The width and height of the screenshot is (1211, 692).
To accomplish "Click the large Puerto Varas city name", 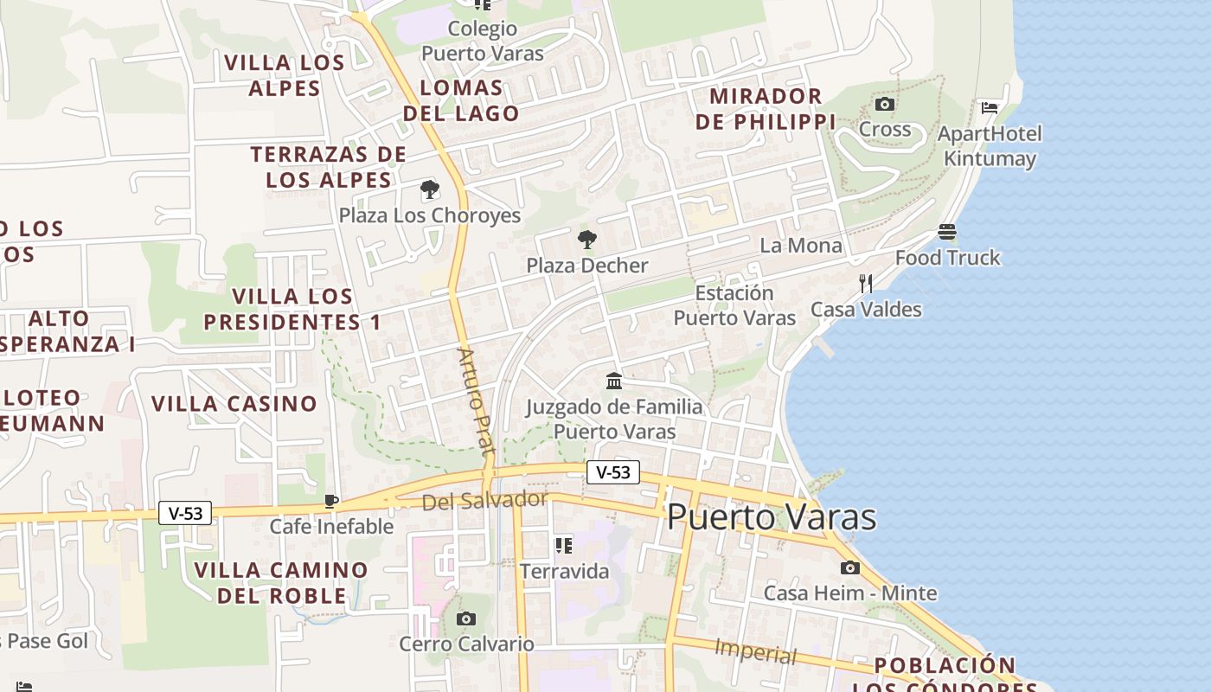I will [772, 517].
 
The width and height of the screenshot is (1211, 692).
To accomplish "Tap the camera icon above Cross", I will [884, 105].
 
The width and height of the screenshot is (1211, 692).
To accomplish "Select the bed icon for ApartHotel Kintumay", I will [990, 108].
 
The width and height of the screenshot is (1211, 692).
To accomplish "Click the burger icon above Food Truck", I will [947, 232].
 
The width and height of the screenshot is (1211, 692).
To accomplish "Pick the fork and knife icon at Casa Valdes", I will [865, 283].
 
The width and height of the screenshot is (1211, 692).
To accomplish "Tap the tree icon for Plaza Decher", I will [587, 240].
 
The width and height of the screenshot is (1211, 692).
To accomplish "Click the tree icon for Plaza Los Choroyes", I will [429, 190].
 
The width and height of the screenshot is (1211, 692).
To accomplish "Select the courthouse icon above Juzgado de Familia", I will [614, 381].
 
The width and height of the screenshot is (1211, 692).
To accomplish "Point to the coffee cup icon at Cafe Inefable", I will [330, 501].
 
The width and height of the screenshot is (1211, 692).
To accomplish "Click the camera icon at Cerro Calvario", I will [466, 618].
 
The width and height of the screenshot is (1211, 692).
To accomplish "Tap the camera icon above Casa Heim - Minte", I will [849, 567].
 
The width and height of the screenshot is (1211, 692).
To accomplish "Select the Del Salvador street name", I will [484, 500].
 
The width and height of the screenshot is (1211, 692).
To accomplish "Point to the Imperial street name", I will [755, 651].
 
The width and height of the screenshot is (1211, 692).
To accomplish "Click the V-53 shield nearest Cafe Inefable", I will [185, 513].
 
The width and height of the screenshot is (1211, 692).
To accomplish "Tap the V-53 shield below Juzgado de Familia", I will [613, 472].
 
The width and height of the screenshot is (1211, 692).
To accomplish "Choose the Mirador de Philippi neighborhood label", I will [766, 109].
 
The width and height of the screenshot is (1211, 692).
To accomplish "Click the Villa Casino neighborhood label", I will [234, 404].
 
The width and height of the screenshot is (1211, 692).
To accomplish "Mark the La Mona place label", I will [800, 246].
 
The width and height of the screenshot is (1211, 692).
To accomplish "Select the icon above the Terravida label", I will [563, 546].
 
